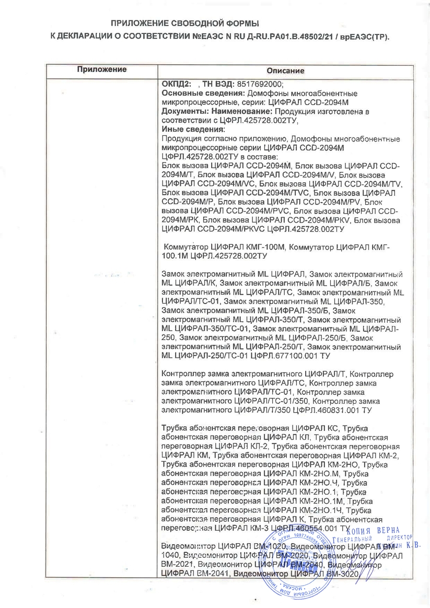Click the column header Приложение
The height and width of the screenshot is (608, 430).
pyautogui.click(x=102, y=69)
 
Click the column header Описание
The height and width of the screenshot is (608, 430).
pyautogui.click(x=285, y=71)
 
